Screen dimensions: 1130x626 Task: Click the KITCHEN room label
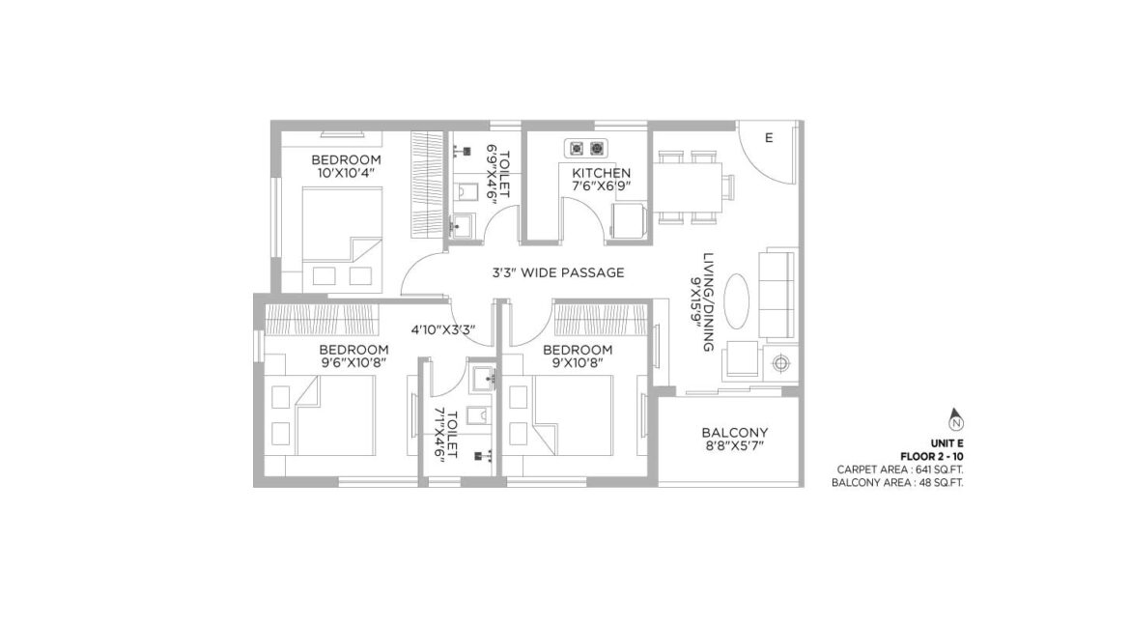pyautogui.click(x=601, y=173)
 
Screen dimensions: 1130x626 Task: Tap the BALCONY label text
pyautogui.click(x=735, y=433)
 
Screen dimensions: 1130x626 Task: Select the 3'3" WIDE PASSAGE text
pyautogui.click(x=558, y=272)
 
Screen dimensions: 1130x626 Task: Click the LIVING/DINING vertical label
pyautogui.click(x=708, y=301)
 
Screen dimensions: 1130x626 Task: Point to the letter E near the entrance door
pyautogui.click(x=769, y=138)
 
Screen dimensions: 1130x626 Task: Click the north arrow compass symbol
pyautogui.click(x=956, y=419)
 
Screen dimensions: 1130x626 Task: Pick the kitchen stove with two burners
pyautogui.click(x=586, y=149)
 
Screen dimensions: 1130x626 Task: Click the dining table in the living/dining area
pyautogui.click(x=688, y=187)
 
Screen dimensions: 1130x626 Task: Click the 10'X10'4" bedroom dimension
pyautogui.click(x=346, y=173)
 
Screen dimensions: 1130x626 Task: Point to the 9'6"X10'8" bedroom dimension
pyautogui.click(x=353, y=363)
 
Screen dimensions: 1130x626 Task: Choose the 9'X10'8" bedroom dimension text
pyautogui.click(x=577, y=363)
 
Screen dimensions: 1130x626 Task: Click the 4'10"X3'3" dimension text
pyautogui.click(x=443, y=330)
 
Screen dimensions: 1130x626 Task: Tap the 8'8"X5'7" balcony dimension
pyautogui.click(x=735, y=445)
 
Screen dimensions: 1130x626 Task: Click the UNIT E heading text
pyautogui.click(x=946, y=443)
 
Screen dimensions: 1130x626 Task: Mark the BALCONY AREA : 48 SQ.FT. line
pyautogui.click(x=897, y=482)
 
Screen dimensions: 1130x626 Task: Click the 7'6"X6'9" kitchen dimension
pyautogui.click(x=601, y=186)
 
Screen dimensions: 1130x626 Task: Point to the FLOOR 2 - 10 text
pyautogui.click(x=932, y=457)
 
